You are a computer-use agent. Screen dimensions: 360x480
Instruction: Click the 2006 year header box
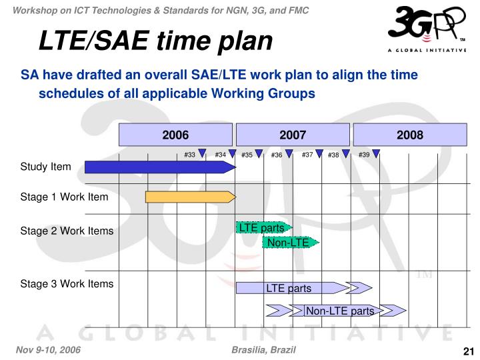175,135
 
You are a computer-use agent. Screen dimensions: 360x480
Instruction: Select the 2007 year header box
293,135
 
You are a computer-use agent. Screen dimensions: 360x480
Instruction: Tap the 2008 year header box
410,135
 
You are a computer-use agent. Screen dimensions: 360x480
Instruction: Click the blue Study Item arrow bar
160,167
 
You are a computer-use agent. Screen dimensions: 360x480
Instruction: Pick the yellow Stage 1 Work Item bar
190,197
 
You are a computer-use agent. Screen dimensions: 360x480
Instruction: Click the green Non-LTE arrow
291,243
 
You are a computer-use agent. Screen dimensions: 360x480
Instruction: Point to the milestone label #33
189,155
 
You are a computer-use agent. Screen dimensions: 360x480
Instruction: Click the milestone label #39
364,155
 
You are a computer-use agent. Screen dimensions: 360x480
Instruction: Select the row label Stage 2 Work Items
67,231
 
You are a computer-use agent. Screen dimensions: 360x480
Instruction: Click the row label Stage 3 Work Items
67,284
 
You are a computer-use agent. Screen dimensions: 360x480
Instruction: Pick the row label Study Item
45,167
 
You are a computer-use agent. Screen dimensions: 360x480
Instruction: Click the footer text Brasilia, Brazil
264,351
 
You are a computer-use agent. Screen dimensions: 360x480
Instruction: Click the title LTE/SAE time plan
155,41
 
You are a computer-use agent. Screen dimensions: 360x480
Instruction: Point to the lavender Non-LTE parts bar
340,311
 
